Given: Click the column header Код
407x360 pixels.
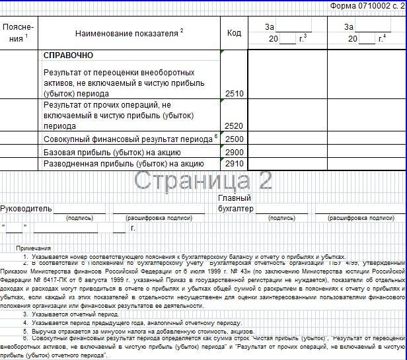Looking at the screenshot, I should [x=234, y=32].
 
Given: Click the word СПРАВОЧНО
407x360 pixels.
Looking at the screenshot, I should [x=68, y=55].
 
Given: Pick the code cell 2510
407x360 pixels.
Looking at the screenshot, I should [x=234, y=94].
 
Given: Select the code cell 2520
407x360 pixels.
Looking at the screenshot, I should [x=234, y=126].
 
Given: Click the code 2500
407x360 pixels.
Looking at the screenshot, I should [x=234, y=139].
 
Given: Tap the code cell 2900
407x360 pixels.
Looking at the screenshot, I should [x=234, y=152].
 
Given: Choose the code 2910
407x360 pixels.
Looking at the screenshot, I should [x=234, y=164].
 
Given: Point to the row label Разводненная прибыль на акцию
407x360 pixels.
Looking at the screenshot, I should [x=122, y=164].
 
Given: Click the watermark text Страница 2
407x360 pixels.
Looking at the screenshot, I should [x=203, y=180].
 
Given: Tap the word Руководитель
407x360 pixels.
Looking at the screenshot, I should [x=26, y=209].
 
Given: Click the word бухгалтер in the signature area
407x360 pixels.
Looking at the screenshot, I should [x=236, y=209].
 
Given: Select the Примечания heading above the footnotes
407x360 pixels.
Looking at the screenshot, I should [x=34, y=248].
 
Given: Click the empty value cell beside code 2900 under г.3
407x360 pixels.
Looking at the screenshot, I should [x=287, y=152].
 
